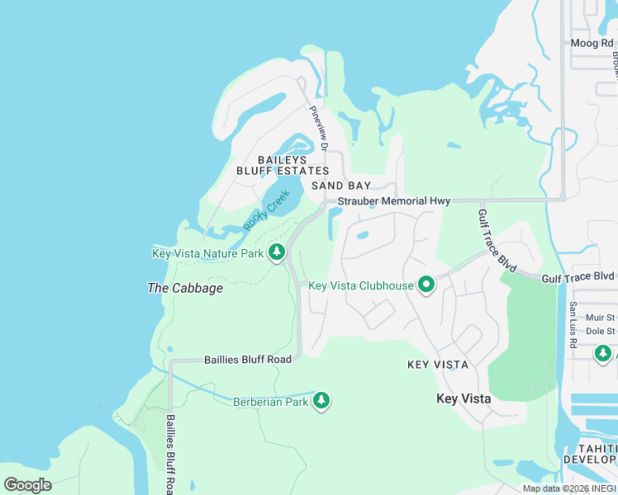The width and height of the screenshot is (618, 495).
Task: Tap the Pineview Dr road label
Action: pyautogui.click(x=319, y=129)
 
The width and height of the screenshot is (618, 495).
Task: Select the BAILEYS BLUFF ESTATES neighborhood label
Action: pyautogui.click(x=283, y=165)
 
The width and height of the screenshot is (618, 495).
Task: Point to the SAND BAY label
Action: pyautogui.click(x=341, y=186)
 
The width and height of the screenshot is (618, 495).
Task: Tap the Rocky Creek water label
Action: pyautogui.click(x=266, y=211)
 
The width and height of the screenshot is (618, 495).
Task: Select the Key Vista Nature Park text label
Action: pyautogui.click(x=207, y=253)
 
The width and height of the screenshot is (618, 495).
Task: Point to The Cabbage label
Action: pyautogui.click(x=185, y=289)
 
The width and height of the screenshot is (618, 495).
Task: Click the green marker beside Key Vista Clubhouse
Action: pyautogui.click(x=426, y=285)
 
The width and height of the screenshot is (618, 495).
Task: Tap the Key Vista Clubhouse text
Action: pyautogui.click(x=360, y=286)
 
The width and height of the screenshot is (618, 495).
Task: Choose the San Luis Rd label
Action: pyautogui.click(x=573, y=323)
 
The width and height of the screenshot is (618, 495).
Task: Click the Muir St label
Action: pyautogui.click(x=600, y=317)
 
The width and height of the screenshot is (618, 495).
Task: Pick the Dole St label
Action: pyautogui.click(x=600, y=332)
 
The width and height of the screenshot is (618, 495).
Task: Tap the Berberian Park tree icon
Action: pyautogui.click(x=321, y=402)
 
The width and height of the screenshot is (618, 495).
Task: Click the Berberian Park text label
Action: pyautogui.click(x=270, y=402)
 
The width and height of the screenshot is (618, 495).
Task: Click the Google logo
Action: pyautogui.click(x=27, y=484)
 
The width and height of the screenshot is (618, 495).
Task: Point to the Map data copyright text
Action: pyautogui.click(x=569, y=488)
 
